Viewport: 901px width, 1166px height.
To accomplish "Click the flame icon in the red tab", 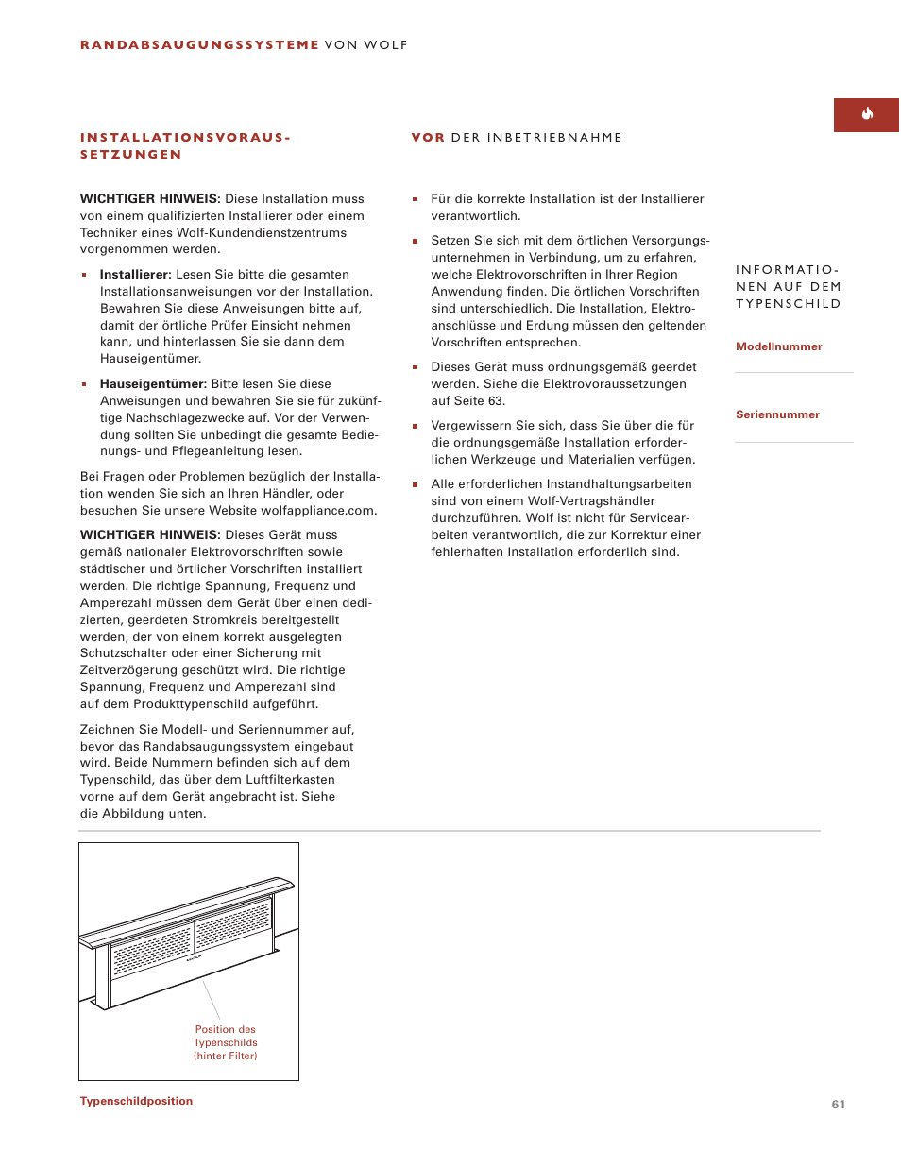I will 867,114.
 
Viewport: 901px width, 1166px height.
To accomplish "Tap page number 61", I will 838,1104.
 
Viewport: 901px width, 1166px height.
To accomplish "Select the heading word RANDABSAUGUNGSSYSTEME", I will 199,44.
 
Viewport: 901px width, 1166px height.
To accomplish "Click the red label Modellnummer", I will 778,346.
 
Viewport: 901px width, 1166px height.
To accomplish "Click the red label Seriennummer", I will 777,414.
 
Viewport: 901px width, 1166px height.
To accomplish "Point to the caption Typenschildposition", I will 136,1101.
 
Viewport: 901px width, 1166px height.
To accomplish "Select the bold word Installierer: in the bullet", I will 135,275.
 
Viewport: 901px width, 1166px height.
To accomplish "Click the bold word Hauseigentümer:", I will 153,384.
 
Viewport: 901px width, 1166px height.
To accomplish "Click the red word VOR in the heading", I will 428,138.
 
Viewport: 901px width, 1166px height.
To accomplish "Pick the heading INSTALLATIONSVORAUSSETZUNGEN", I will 185,145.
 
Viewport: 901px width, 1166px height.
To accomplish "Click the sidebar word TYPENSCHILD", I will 788,304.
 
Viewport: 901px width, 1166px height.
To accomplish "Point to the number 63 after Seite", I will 496,401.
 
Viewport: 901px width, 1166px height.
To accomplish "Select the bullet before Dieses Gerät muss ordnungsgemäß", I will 415,367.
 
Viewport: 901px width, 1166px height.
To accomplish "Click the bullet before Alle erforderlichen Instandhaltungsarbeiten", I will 415,484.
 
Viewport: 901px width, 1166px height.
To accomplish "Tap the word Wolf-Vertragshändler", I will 592,501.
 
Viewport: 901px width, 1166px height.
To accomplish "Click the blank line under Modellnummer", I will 793,372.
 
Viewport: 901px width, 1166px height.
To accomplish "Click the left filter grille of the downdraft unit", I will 151,949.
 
